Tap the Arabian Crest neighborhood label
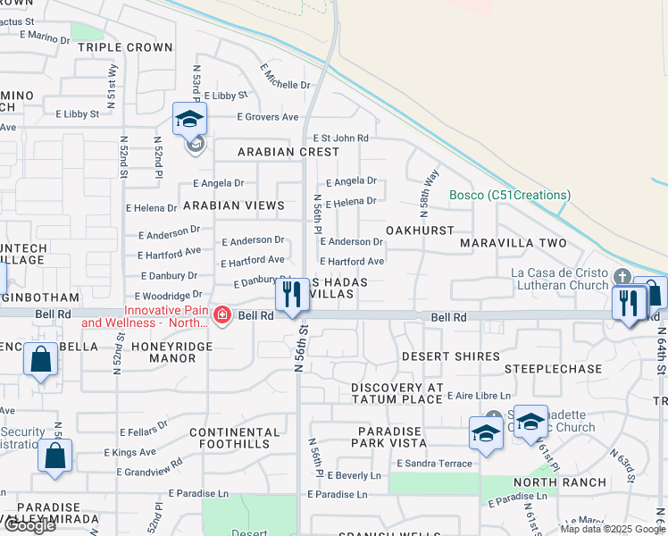[x=276, y=152]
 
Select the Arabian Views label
[x=233, y=205]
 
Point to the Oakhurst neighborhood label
[x=420, y=230]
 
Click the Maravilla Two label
[x=514, y=243]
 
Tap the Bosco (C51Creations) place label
[x=509, y=195]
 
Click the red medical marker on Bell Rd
[x=221, y=315]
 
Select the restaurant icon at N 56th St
[x=290, y=294]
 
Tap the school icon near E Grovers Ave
[x=189, y=119]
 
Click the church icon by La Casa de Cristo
[x=622, y=275]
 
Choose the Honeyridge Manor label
[x=163, y=351]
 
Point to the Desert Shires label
[x=450, y=356]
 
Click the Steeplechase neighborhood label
[x=553, y=368]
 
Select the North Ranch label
[x=560, y=482]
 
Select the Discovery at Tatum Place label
[x=397, y=393]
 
